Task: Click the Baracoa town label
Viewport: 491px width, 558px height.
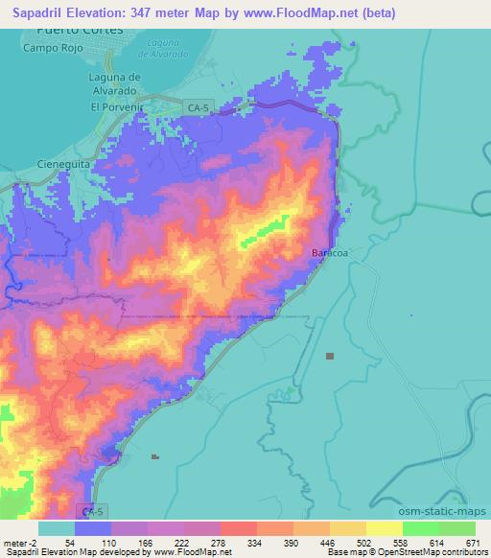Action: (330, 253)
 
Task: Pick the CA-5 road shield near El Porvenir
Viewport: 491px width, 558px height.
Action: (197, 108)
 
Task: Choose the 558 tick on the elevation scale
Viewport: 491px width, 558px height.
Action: (402, 542)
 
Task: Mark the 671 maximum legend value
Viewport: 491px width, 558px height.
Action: (475, 542)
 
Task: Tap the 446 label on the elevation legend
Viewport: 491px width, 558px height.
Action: (329, 542)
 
